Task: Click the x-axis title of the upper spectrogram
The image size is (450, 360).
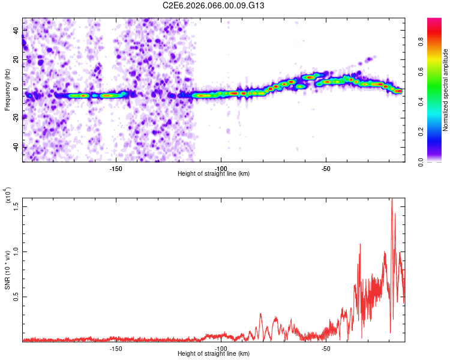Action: point(214,174)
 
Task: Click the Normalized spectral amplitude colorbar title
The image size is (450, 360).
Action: point(446,90)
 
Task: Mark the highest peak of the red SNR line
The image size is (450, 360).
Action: point(392,199)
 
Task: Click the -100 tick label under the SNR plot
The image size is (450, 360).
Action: point(221,348)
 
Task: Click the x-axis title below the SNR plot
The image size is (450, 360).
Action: point(214,355)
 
